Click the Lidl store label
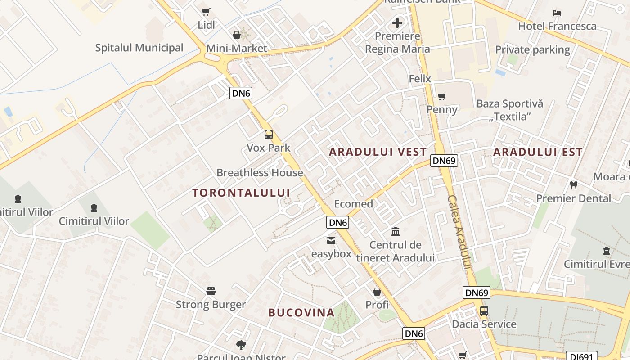pyautogui.click(x=207, y=25)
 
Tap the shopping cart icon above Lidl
pyautogui.click(x=206, y=12)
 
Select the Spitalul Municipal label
pyautogui.click(x=139, y=48)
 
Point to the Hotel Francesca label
pyautogui.click(x=557, y=26)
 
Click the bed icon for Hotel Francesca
pyautogui.click(x=557, y=13)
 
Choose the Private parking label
pyautogui.click(x=532, y=49)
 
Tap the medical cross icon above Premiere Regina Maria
pyautogui.click(x=397, y=23)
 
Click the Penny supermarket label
pyautogui.click(x=442, y=109)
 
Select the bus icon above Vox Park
pyautogui.click(x=269, y=135)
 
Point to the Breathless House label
pyautogui.click(x=260, y=173)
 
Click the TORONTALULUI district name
pyautogui.click(x=241, y=193)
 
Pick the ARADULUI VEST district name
pyautogui.click(x=378, y=152)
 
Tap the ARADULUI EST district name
pyautogui.click(x=538, y=152)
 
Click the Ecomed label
pyautogui.click(x=353, y=204)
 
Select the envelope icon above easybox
pyautogui.click(x=331, y=241)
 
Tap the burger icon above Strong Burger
pyautogui.click(x=211, y=291)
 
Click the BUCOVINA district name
pyautogui.click(x=301, y=312)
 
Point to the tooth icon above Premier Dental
pyautogui.click(x=573, y=185)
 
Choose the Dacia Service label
pyautogui.click(x=484, y=324)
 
